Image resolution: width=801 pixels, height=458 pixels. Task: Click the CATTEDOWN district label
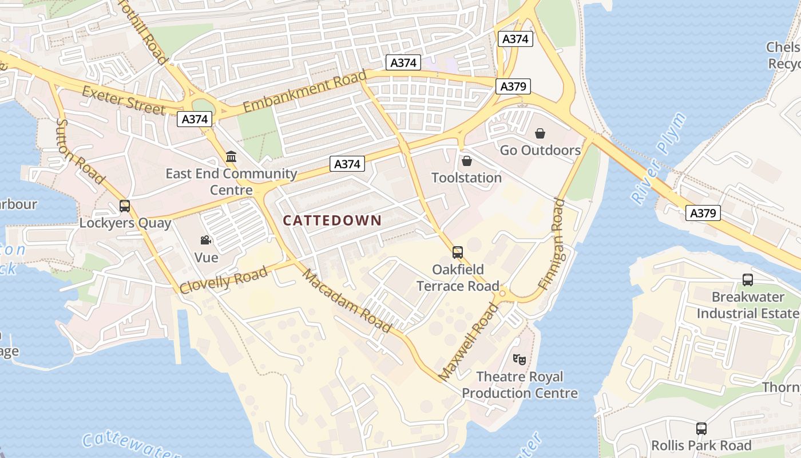332,220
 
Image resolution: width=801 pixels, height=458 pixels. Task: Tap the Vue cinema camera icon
205,240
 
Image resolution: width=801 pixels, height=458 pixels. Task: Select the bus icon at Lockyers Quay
125,206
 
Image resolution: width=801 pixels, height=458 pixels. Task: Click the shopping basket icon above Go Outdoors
540,134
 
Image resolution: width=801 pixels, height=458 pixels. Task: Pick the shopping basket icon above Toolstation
466,161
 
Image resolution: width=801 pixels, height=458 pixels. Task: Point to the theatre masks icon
519,360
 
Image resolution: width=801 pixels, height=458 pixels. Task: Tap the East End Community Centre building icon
231,156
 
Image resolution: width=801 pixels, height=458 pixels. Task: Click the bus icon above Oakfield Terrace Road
457,252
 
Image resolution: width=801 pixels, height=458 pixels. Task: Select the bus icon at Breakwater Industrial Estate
747,280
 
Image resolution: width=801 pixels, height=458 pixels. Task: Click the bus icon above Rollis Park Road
701,428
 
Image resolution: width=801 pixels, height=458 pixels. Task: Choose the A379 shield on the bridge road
703,214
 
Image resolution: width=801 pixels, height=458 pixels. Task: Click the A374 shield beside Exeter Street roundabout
195,119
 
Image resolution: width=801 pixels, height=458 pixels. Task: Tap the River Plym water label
658,159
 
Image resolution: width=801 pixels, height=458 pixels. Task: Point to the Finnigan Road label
551,243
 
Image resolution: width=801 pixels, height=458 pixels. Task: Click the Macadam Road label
347,301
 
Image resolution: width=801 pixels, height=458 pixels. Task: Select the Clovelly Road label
223,280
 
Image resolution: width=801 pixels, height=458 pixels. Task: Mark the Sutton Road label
81,152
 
